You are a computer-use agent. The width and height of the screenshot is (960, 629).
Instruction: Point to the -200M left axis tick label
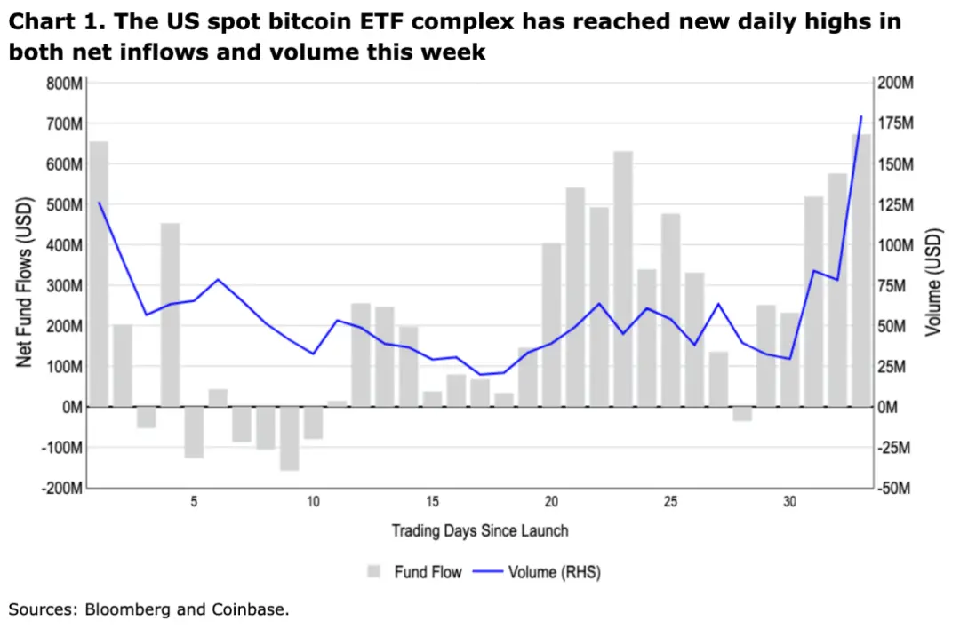[62, 488]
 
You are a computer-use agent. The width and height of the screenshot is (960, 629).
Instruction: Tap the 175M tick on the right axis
[896, 123]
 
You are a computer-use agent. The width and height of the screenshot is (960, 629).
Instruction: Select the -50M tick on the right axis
[894, 488]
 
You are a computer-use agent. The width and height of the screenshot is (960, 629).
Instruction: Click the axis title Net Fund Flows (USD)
[25, 285]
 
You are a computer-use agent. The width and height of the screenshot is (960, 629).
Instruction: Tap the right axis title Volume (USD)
[933, 284]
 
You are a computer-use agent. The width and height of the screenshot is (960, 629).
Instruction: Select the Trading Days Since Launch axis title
[480, 531]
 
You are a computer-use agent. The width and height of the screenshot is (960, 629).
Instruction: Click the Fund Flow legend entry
[416, 572]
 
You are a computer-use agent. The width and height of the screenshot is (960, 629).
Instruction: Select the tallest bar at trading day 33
[861, 271]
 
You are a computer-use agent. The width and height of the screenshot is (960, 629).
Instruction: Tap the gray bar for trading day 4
[171, 314]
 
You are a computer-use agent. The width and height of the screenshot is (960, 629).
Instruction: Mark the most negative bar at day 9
[290, 439]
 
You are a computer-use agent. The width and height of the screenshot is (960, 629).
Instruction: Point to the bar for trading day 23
[623, 279]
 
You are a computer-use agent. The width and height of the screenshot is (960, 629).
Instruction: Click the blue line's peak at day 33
[860, 116]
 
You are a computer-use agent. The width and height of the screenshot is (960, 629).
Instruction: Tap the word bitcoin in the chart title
[346, 21]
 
